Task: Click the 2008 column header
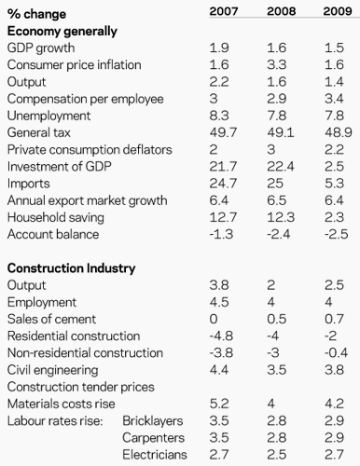[x=282, y=11]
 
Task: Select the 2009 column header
[x=338, y=11]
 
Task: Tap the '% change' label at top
[x=36, y=14]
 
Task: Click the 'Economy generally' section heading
[x=62, y=31]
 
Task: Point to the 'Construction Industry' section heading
[x=72, y=268]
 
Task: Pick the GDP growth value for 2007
[x=219, y=48]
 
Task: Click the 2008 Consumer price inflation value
[x=277, y=64]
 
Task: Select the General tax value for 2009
[x=339, y=132]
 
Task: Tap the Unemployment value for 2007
[x=219, y=116]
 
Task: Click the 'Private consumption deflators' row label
[x=90, y=149]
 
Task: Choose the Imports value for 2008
[x=275, y=184]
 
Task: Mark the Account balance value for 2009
[x=337, y=234]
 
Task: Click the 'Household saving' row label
[x=56, y=217]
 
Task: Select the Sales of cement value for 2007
[x=214, y=319]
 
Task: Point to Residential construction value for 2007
[x=221, y=336]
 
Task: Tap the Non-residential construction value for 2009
[x=337, y=353]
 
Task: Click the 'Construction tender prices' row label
[x=81, y=387]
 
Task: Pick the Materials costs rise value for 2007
[x=219, y=404]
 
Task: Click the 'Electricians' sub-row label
[x=155, y=455]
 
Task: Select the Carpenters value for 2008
[x=277, y=438]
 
